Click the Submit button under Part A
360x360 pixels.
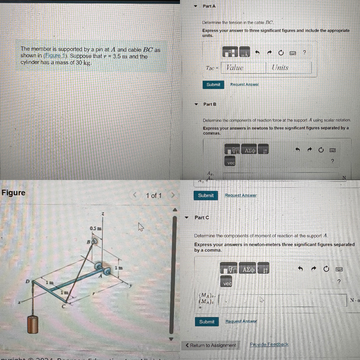click(x=213, y=85)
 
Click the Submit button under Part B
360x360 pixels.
click(x=206, y=196)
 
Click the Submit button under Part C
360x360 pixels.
click(x=207, y=322)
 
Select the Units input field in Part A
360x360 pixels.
click(x=289, y=68)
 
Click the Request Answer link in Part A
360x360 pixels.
click(x=244, y=85)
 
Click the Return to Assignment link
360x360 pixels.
click(x=211, y=345)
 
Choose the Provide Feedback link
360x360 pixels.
click(x=269, y=344)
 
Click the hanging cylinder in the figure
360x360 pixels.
click(x=32, y=324)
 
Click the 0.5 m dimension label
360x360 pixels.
click(x=96, y=228)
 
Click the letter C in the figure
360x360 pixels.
click(x=63, y=307)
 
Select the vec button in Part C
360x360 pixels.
click(x=227, y=284)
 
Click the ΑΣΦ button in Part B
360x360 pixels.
click(x=250, y=151)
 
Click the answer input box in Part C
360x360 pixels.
click(x=282, y=300)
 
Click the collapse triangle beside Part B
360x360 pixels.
click(x=196, y=104)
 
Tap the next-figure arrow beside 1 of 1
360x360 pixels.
click(x=173, y=195)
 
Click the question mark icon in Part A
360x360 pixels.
click(x=304, y=52)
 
